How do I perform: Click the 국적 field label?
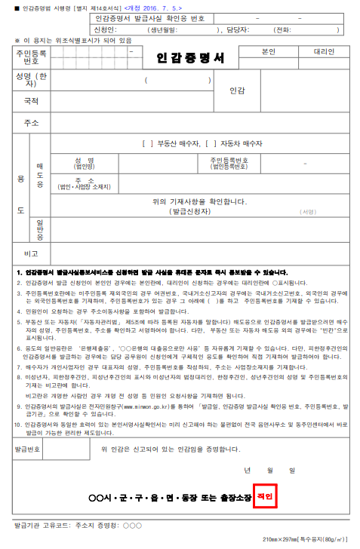(31, 100)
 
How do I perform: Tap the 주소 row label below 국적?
(31, 122)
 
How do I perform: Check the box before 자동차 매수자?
(210, 143)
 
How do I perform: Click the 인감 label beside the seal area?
(237, 90)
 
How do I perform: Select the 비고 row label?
(31, 253)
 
